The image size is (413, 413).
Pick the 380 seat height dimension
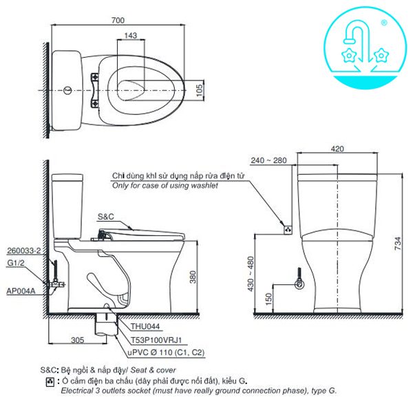coord(194,277)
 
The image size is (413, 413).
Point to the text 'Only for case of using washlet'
coord(165,186)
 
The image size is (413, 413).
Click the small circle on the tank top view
coord(67,90)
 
